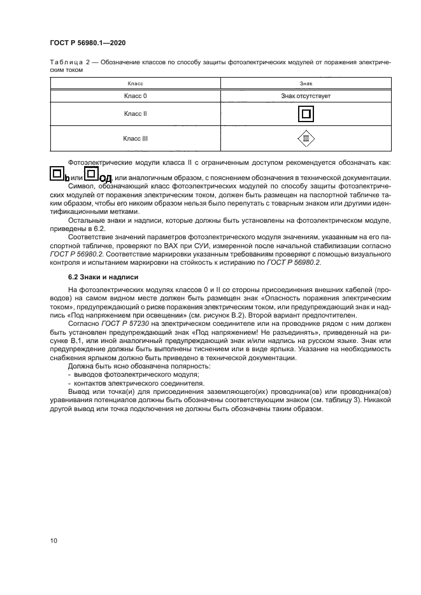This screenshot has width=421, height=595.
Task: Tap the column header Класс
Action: [135, 83]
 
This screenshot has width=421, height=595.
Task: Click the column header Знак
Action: [306, 83]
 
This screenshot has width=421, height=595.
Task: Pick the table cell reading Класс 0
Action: [135, 95]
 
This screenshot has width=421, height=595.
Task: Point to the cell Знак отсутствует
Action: [306, 95]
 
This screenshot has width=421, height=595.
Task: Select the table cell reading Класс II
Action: [135, 113]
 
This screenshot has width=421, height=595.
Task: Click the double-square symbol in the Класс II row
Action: [306, 114]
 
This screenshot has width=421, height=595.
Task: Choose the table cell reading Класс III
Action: [135, 137]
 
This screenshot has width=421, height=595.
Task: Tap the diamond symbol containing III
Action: [306, 137]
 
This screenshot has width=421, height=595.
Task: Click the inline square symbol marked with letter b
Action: [57, 174]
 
